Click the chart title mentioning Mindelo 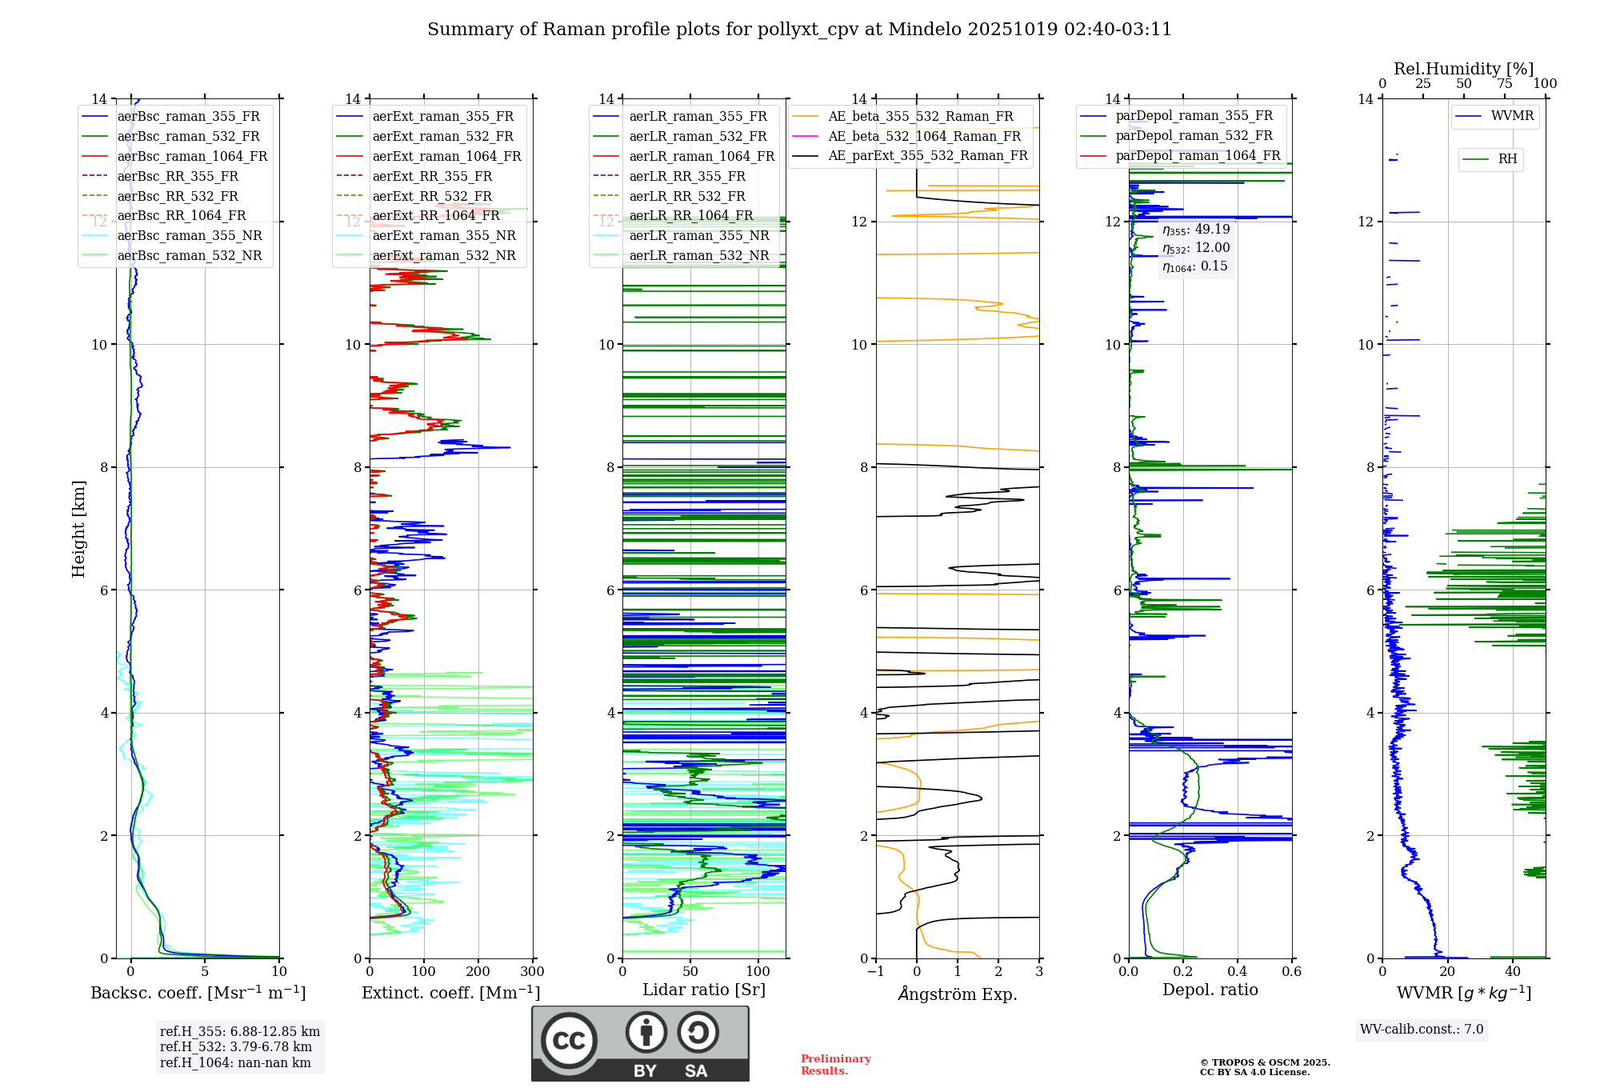pyautogui.click(x=799, y=30)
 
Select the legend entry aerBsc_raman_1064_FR pyautogui.click(x=192, y=156)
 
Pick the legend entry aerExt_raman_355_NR pyautogui.click(x=443, y=235)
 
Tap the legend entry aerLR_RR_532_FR pyautogui.click(x=686, y=196)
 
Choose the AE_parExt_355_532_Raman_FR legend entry pyautogui.click(x=927, y=155)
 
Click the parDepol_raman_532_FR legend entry pyautogui.click(x=1194, y=136)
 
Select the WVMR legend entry pyautogui.click(x=1512, y=116)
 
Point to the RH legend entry pyautogui.click(x=1507, y=159)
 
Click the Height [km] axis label pyautogui.click(x=78, y=528)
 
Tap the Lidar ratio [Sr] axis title pyautogui.click(x=704, y=990)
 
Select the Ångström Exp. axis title pyautogui.click(x=958, y=994)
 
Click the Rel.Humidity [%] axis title pyautogui.click(x=1463, y=69)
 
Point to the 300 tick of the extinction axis pyautogui.click(x=532, y=972)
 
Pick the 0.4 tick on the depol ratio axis pyautogui.click(x=1237, y=972)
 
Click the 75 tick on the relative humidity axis pyautogui.click(x=1504, y=84)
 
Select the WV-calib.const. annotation pyautogui.click(x=1422, y=1029)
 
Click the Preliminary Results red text pyautogui.click(x=835, y=1064)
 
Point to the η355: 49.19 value pyautogui.click(x=1196, y=230)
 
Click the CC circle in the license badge pyautogui.click(x=569, y=1040)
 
